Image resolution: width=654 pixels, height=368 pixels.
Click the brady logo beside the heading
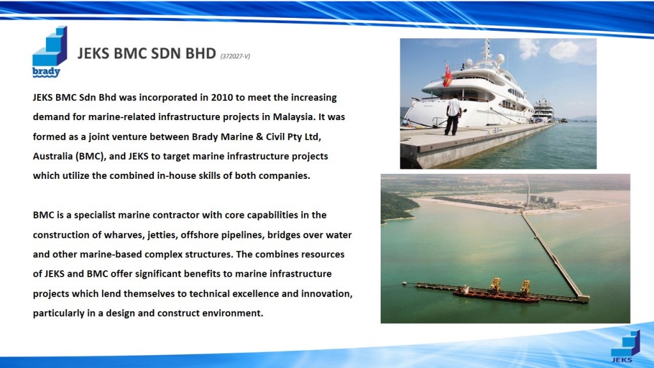tap(50, 52)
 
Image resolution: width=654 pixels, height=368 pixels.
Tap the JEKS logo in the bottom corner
tap(625, 346)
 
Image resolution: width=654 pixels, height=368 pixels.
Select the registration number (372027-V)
tap(235, 56)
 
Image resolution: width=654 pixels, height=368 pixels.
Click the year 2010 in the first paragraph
tap(222, 97)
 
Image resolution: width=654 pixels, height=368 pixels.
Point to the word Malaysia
tap(294, 117)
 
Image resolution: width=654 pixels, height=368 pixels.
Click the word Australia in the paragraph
tap(53, 156)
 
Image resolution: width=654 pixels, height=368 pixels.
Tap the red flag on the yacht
tap(448, 75)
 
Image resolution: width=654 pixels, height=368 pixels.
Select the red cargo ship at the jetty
tap(496, 295)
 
